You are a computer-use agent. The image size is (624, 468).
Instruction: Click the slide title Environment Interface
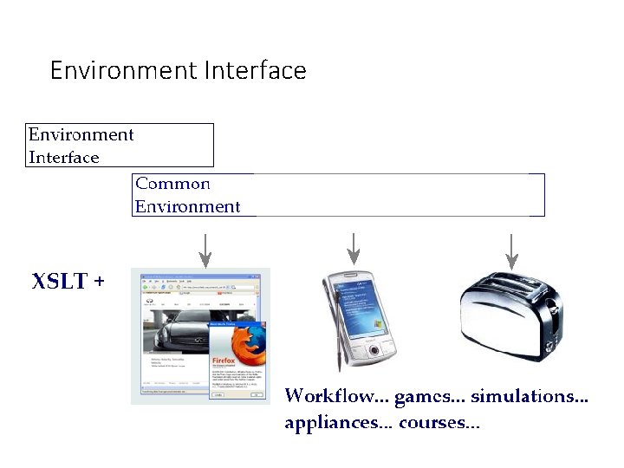tap(178, 70)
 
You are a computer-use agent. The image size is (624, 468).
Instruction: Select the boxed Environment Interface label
tap(81, 146)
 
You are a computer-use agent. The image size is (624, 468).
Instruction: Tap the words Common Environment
tap(187, 195)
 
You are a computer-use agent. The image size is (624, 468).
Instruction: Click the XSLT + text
tap(68, 282)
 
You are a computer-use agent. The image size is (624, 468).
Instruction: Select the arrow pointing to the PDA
tap(353, 249)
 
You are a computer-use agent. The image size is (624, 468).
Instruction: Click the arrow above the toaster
tap(511, 250)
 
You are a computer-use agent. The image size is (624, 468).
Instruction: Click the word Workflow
tap(330, 397)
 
